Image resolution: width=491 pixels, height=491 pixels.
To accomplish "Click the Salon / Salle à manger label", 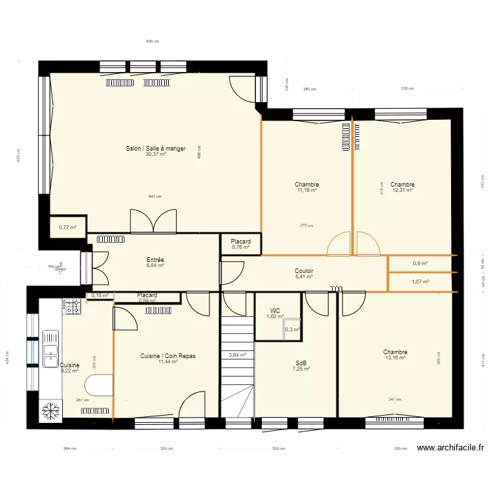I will (x=156, y=149).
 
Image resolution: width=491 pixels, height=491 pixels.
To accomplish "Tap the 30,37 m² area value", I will (x=156, y=155).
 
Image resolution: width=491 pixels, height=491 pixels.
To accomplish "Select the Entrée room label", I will (x=155, y=260).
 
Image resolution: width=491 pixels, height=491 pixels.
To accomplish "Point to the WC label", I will (x=276, y=311).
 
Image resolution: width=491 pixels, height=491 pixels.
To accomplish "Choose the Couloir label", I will (x=304, y=270).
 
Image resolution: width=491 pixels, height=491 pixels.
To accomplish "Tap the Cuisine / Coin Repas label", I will (x=168, y=356).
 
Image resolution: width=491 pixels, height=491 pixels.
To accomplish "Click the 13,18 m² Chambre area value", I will (x=395, y=357).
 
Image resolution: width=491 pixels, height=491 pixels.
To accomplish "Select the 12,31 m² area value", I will (x=402, y=191).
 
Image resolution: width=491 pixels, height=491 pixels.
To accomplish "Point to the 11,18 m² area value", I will (x=307, y=191).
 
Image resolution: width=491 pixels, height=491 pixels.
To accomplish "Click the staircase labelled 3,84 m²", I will (x=237, y=355).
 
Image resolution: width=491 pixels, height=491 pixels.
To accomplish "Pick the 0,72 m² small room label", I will (x=67, y=227).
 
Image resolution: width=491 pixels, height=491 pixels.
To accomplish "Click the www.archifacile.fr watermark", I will (x=450, y=448).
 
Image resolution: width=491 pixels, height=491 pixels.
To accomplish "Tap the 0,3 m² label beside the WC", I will (x=292, y=329).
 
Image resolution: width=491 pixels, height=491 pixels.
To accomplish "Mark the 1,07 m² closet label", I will (x=420, y=282).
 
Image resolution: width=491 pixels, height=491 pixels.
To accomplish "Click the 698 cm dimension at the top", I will (x=152, y=41).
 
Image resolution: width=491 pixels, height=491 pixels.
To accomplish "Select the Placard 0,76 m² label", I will (x=240, y=244).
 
